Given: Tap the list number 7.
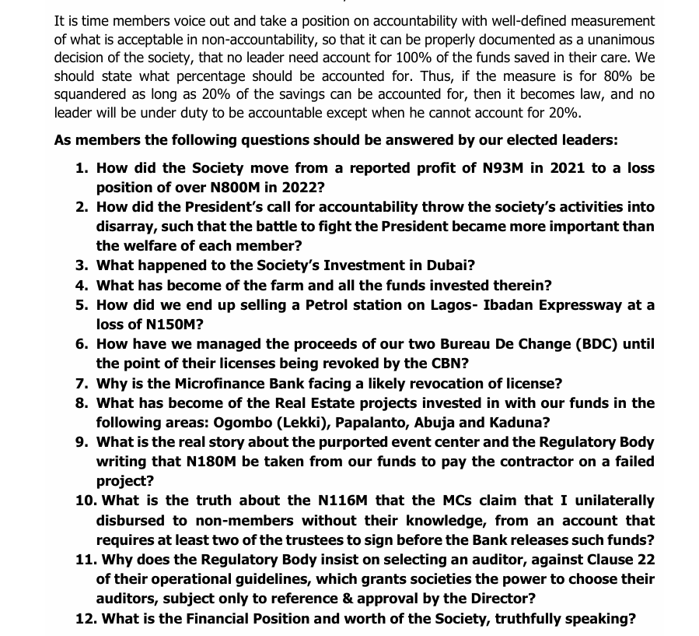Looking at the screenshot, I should tap(81, 383).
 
